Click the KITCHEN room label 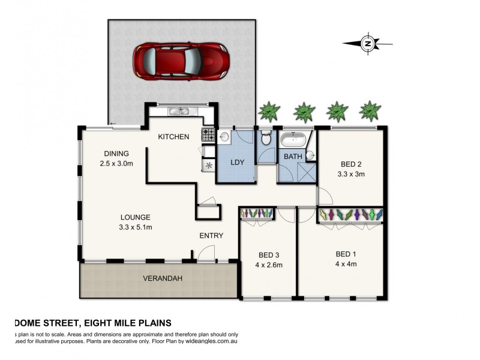click(173, 137)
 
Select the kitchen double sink click(178, 111)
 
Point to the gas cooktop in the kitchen click(208, 135)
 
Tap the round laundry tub click(224, 137)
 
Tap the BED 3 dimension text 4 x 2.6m click(269, 265)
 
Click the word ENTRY click(211, 236)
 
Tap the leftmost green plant click(268, 111)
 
